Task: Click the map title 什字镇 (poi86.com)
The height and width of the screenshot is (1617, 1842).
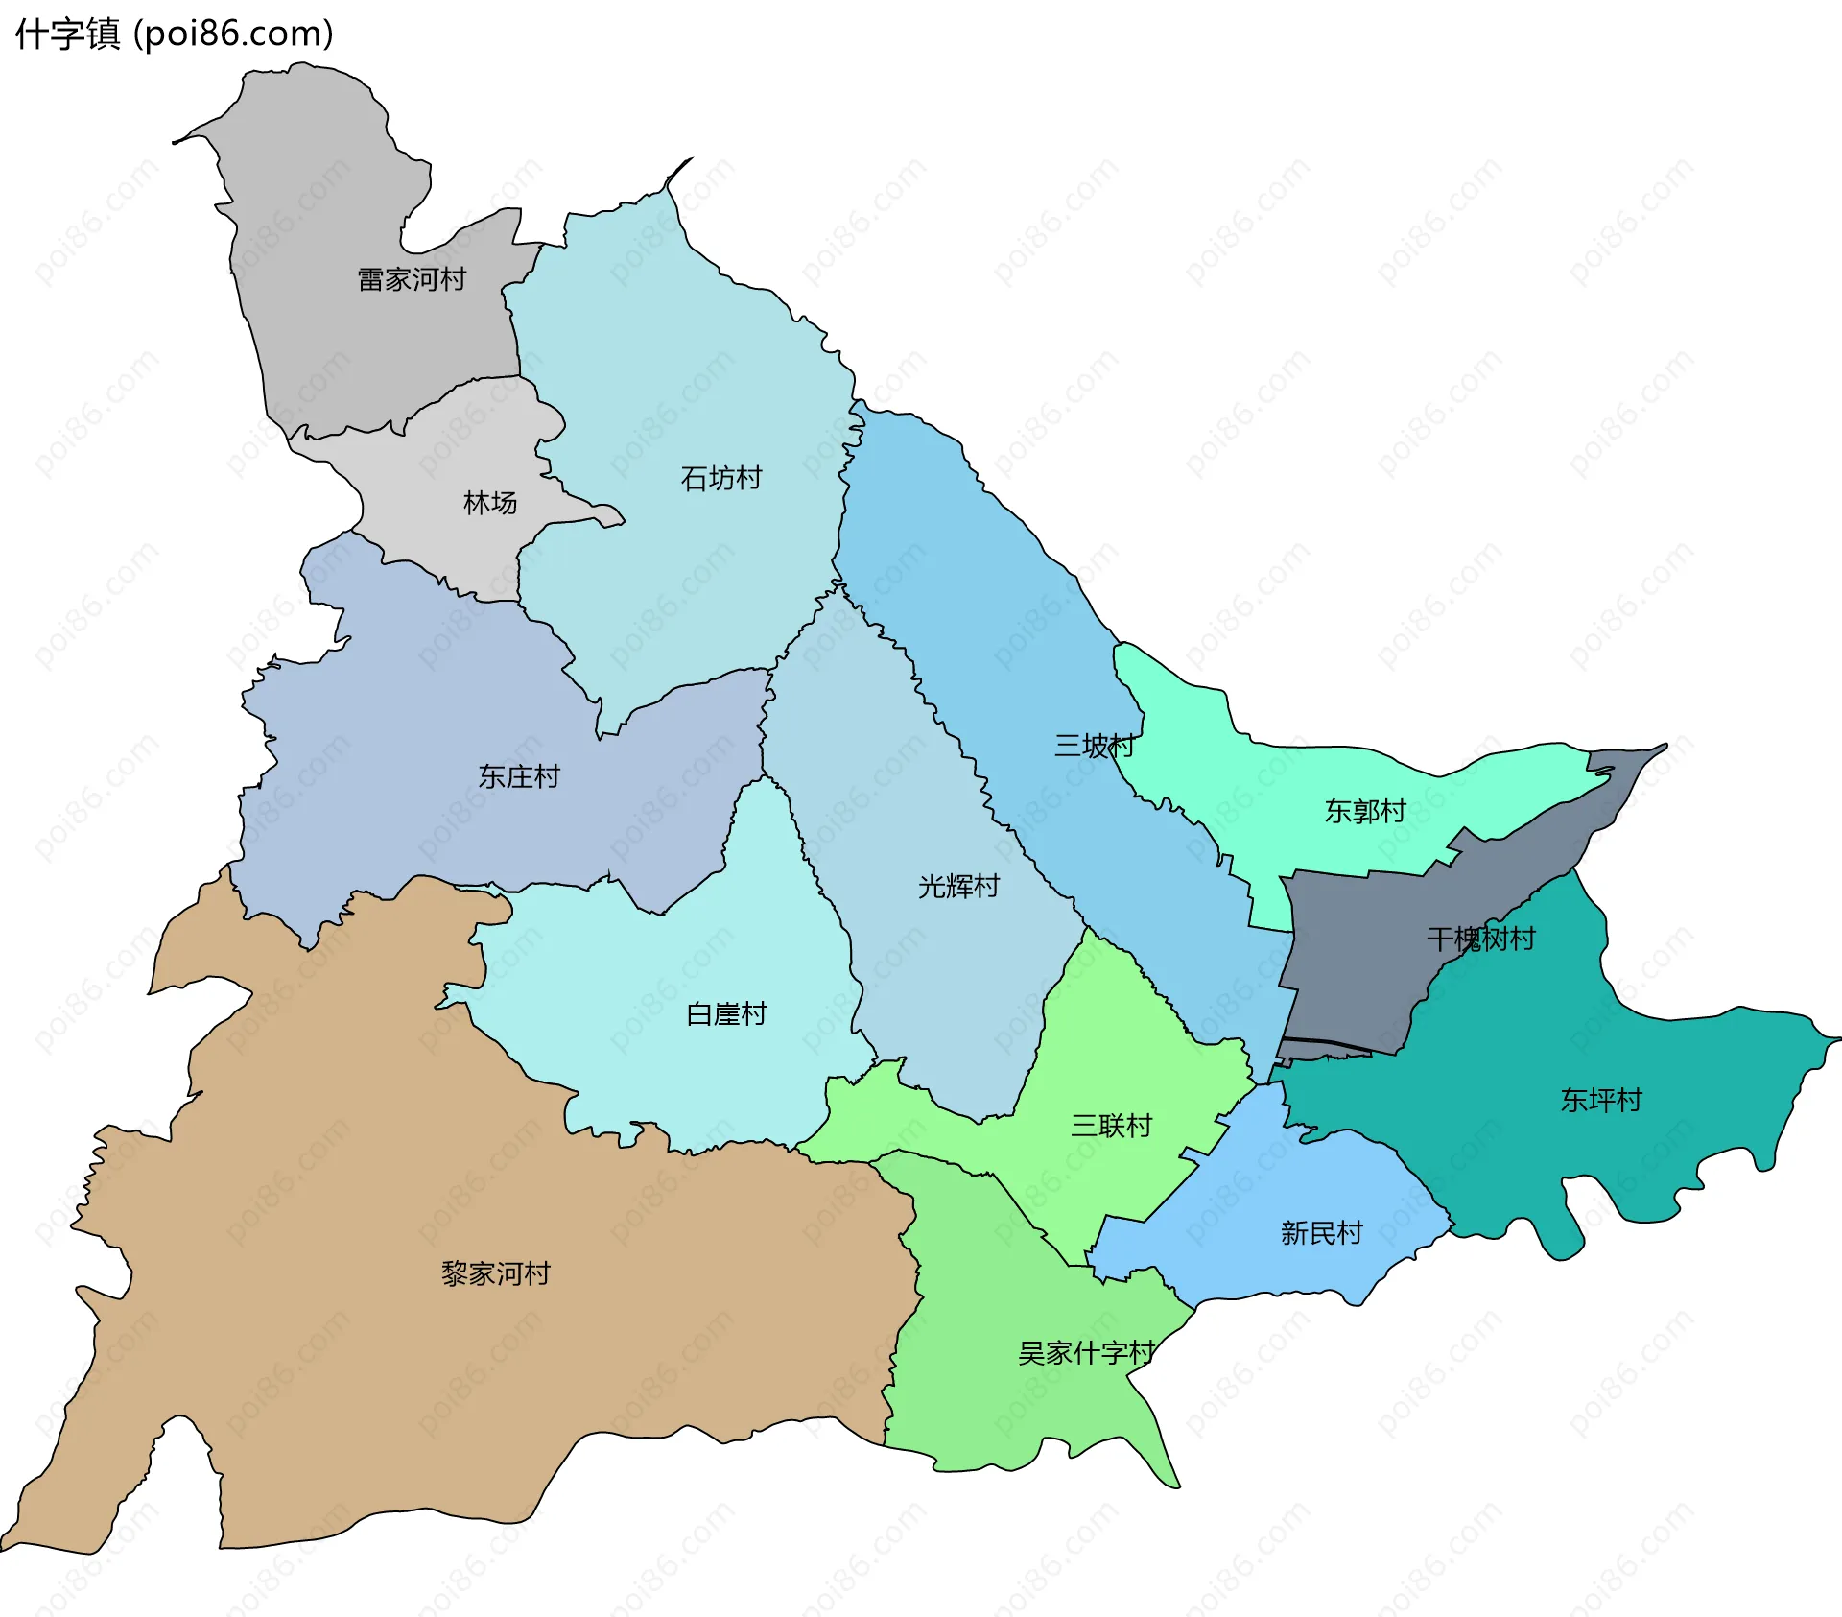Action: click(x=174, y=34)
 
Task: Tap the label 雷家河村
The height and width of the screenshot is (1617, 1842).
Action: click(x=412, y=279)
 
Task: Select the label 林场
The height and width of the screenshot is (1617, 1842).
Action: click(x=490, y=502)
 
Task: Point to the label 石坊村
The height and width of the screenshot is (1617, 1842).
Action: click(x=721, y=478)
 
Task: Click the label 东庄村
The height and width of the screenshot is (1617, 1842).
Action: click(x=519, y=776)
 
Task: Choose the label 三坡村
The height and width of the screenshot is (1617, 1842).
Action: click(x=1095, y=746)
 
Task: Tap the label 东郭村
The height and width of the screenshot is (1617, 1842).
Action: click(x=1365, y=811)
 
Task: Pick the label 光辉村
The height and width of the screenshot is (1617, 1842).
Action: click(x=958, y=886)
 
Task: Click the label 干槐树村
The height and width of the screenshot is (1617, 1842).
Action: click(x=1481, y=939)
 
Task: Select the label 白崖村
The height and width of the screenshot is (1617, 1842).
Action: click(x=726, y=1013)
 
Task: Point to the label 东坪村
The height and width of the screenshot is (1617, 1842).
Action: click(x=1601, y=1100)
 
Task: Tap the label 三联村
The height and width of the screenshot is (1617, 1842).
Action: click(x=1111, y=1126)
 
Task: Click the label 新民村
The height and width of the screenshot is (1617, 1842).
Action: click(x=1321, y=1233)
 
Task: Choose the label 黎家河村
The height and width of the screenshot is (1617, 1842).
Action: click(x=495, y=1273)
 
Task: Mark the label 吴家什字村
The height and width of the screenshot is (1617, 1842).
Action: click(x=1086, y=1353)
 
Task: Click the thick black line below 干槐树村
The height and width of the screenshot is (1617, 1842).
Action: click(x=1329, y=1043)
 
